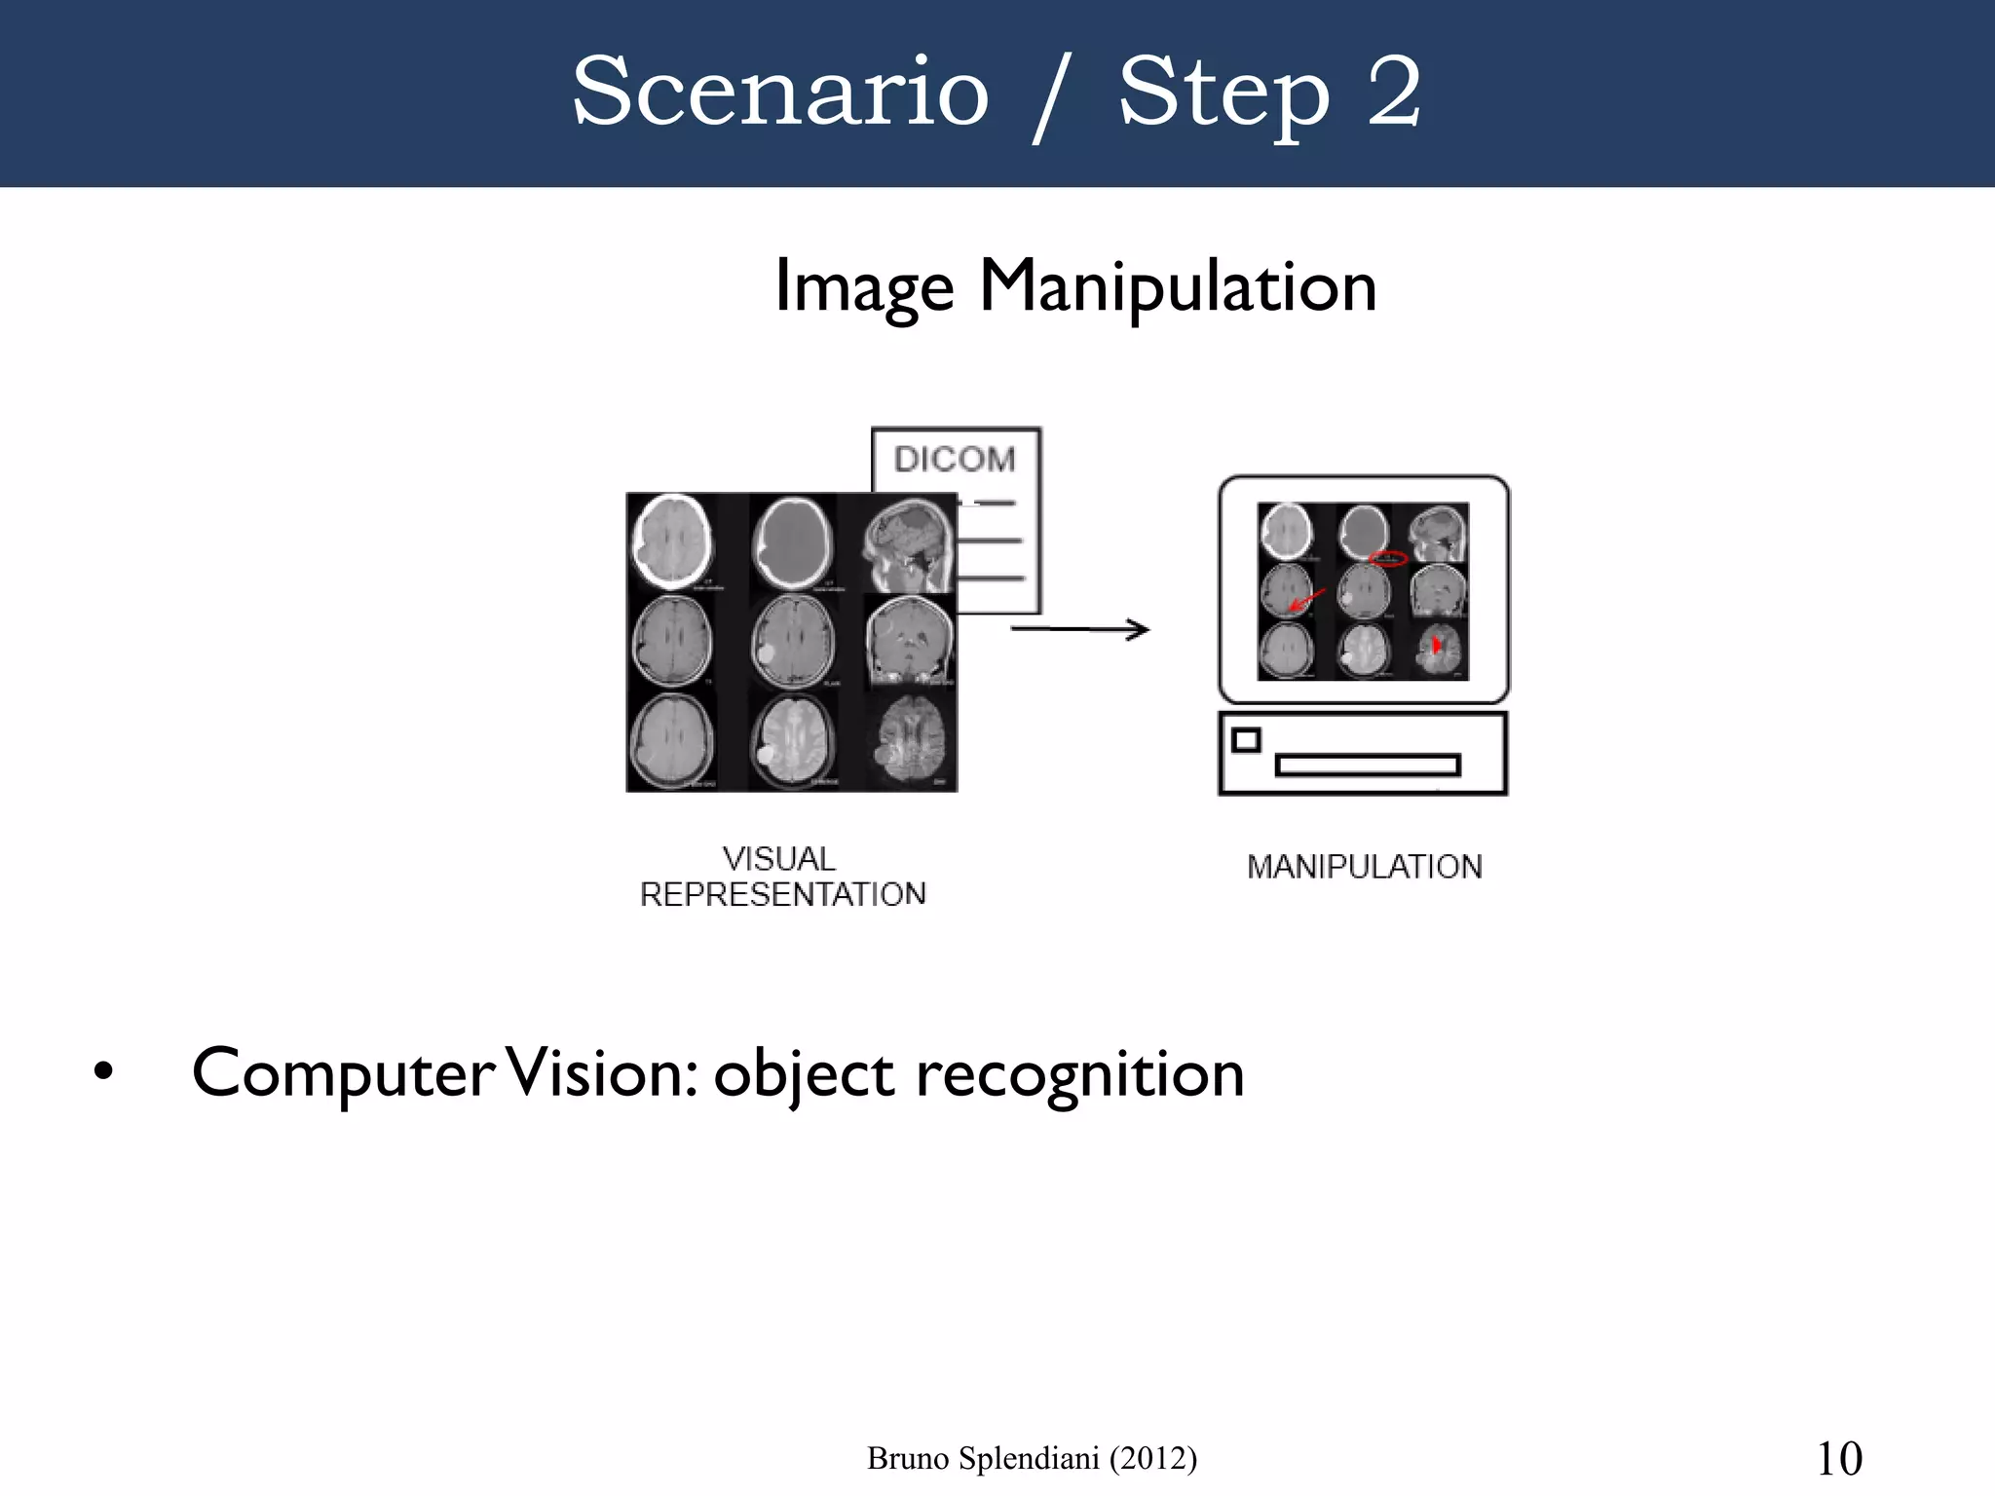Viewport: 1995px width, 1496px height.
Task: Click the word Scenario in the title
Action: [780, 93]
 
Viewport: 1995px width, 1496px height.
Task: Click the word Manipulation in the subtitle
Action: [1178, 286]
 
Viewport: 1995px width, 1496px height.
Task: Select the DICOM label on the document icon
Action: [955, 459]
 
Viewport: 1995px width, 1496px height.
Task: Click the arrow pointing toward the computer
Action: [1080, 630]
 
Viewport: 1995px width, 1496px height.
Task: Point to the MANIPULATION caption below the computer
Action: [1364, 867]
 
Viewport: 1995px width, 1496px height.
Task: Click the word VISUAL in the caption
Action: [779, 859]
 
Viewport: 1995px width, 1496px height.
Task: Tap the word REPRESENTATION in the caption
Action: [782, 894]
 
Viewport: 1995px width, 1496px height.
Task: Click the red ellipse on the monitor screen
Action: [1388, 558]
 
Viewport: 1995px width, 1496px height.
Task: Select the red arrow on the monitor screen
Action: [1306, 599]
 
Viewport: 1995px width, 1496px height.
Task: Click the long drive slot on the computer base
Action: [1368, 766]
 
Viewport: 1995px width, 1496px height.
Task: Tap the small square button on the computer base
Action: [1246, 740]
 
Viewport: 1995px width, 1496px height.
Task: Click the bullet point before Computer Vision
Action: [103, 1072]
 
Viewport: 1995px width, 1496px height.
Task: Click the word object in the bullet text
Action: [803, 1076]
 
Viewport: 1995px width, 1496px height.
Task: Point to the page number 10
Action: [1839, 1459]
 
